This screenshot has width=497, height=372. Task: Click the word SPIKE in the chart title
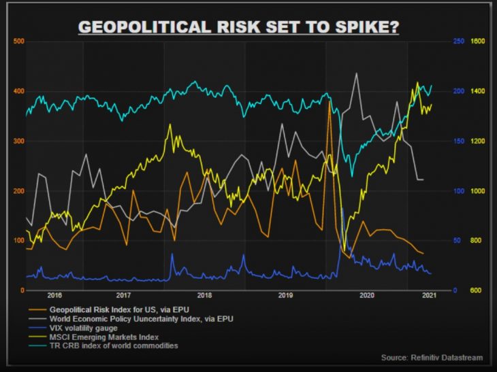[365, 27]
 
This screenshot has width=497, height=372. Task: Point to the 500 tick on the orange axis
[18, 41]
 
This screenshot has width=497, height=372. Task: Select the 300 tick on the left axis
[18, 141]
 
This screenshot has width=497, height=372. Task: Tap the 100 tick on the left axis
[18, 241]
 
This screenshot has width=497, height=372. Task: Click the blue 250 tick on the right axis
[459, 41]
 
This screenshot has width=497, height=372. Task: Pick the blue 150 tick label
[459, 141]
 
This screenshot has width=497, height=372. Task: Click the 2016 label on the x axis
[55, 296]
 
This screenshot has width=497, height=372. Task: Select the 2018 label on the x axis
[204, 296]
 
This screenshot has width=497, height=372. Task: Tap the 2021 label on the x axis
[430, 296]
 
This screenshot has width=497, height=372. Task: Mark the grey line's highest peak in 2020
[356, 73]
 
